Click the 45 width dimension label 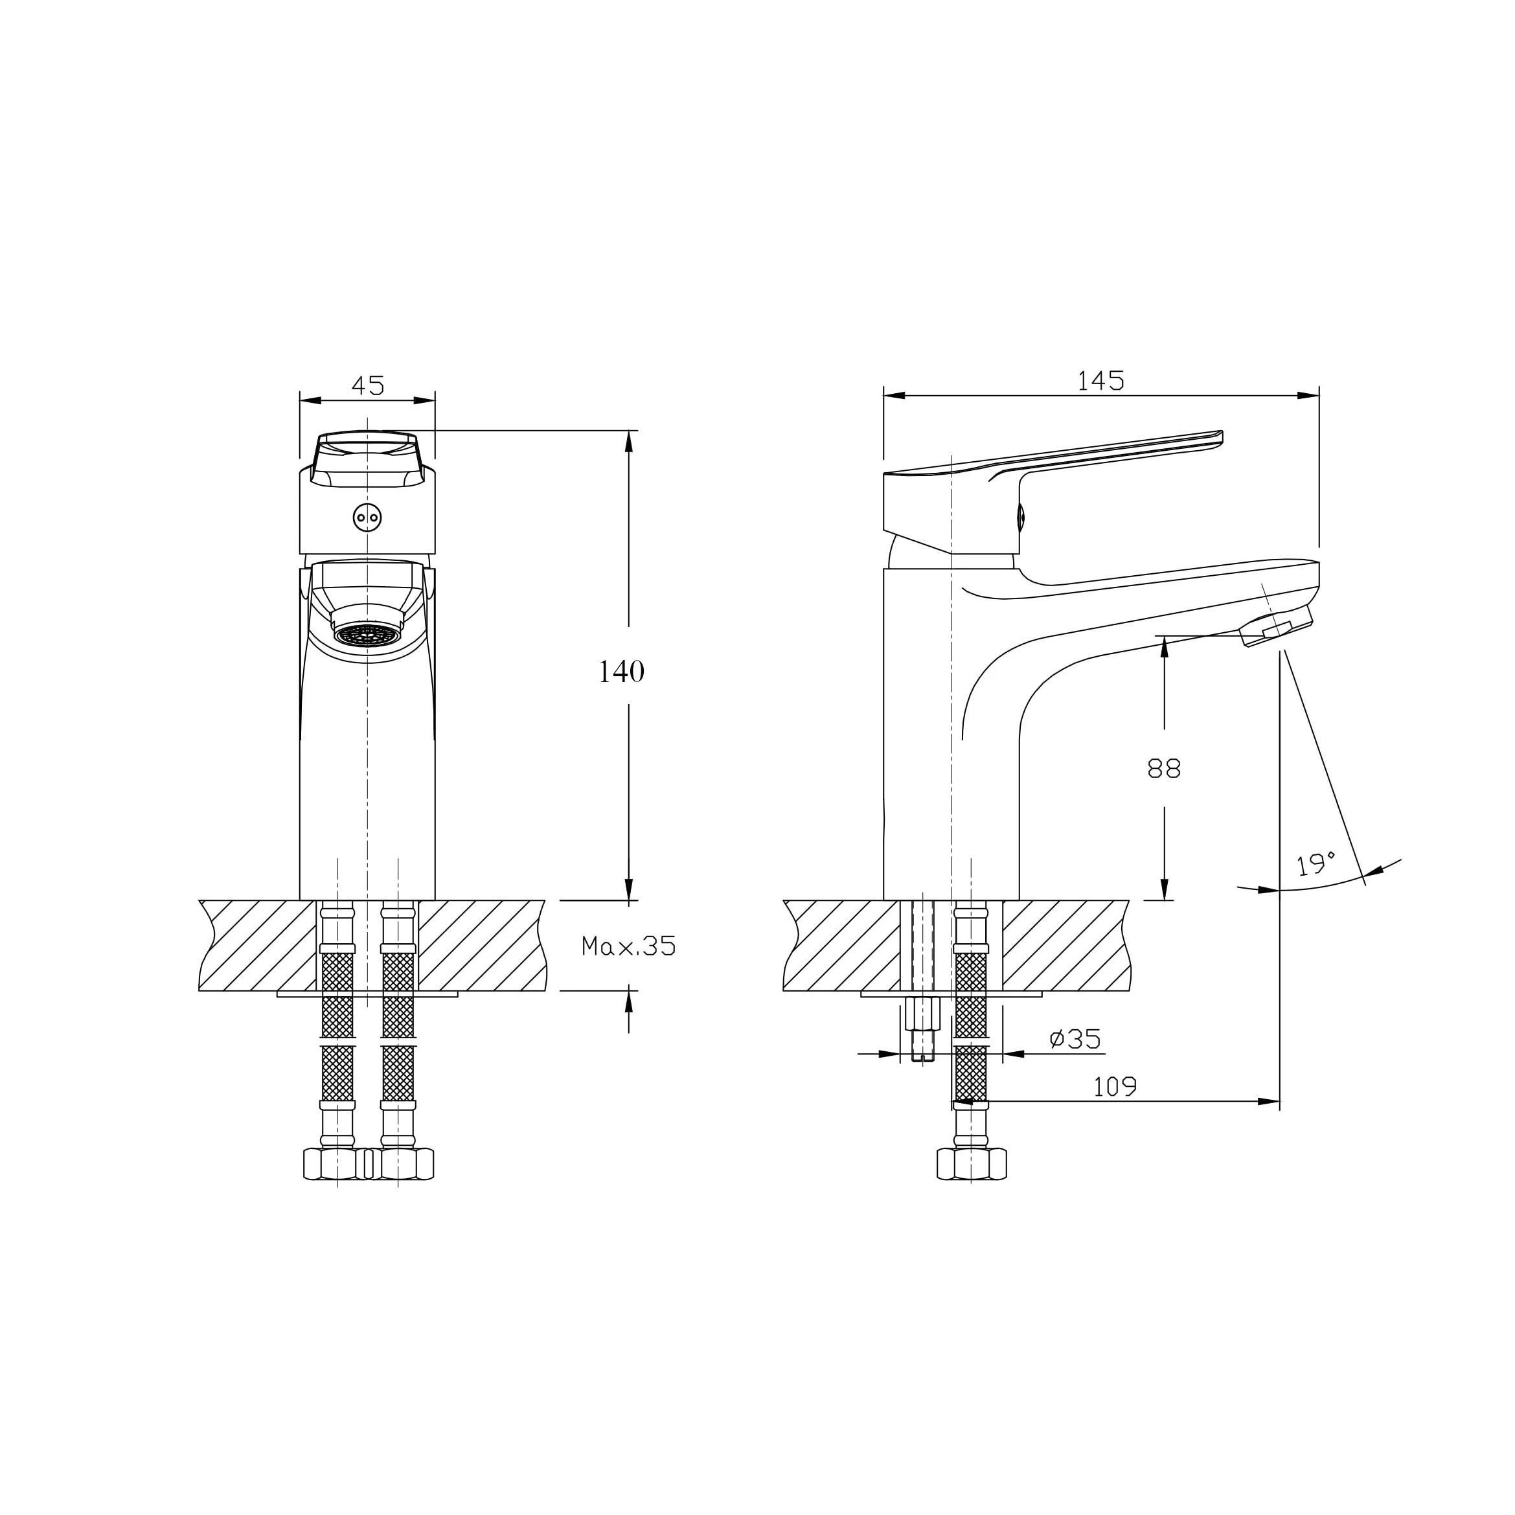coord(368,386)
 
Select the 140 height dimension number coord(621,672)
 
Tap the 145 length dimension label coord(1100,381)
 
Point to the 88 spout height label coord(1164,768)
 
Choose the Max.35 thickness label coord(628,946)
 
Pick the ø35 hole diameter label coord(1075,1039)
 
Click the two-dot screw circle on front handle coord(367,518)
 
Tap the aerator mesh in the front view coord(367,633)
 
